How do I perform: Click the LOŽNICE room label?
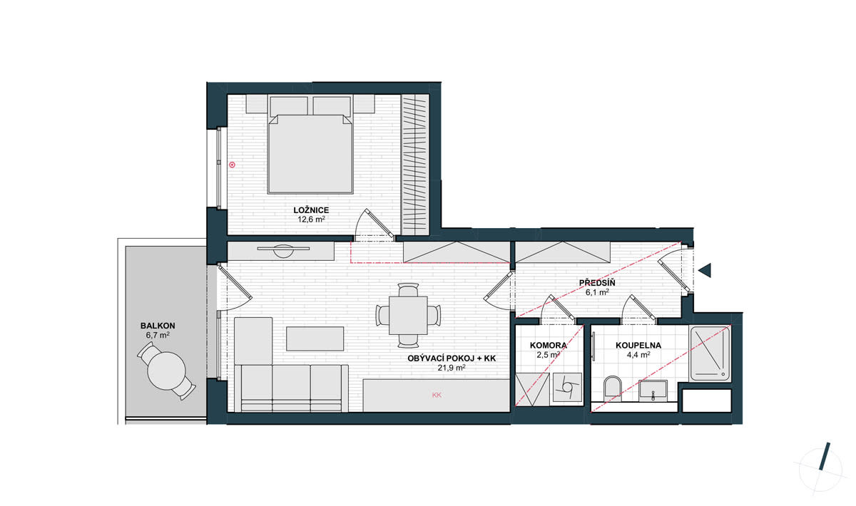click(311, 210)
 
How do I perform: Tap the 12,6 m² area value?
click(311, 220)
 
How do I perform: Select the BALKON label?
click(158, 326)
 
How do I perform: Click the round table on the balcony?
click(166, 371)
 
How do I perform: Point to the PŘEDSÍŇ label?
click(597, 283)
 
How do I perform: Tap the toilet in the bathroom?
click(613, 386)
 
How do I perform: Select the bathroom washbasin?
click(653, 391)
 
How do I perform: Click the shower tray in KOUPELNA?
click(710, 353)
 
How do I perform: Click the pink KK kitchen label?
click(437, 396)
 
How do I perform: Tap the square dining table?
click(408, 316)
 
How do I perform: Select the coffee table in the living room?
click(315, 339)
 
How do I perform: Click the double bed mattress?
click(310, 154)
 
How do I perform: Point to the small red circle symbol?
click(232, 165)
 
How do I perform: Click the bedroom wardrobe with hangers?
click(415, 165)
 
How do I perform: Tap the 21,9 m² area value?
click(452, 368)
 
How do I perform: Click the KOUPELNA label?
click(638, 346)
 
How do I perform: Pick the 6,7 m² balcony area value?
click(158, 335)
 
